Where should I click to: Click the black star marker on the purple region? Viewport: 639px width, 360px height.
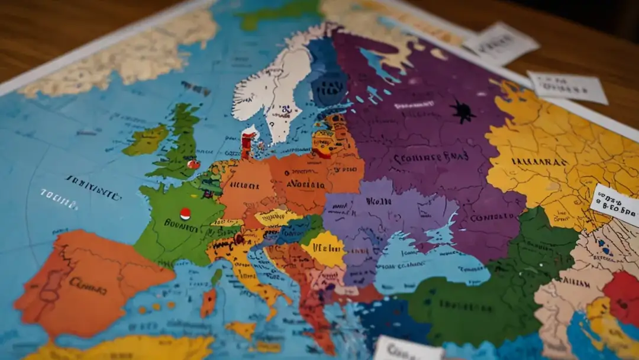pos(463,111)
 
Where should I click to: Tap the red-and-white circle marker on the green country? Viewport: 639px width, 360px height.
pos(185,214)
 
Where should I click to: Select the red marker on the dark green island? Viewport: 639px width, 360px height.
pos(192,165)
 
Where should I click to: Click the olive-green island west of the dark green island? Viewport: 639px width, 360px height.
pos(146,140)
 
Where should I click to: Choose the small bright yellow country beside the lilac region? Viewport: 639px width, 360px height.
pos(324,249)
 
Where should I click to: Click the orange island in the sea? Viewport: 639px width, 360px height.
pos(208,303)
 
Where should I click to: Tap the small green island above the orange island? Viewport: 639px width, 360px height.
pos(217,277)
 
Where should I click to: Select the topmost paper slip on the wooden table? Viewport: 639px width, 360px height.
pos(501,43)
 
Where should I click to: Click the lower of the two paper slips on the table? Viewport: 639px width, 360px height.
pos(567,87)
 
